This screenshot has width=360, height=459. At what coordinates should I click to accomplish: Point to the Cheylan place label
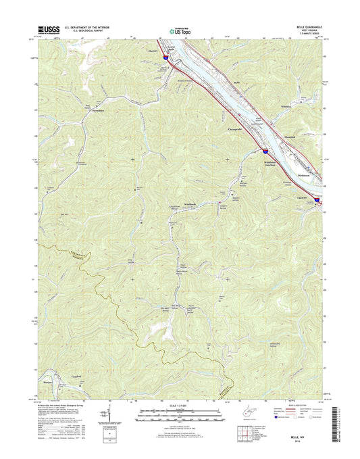click(x=305, y=197)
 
